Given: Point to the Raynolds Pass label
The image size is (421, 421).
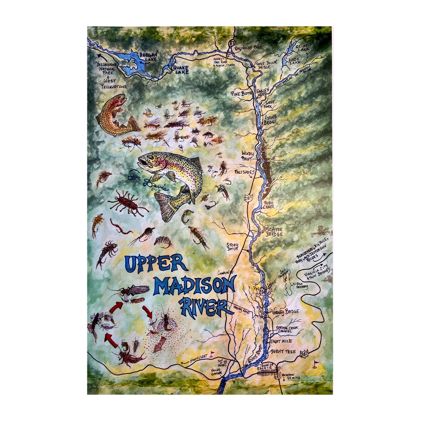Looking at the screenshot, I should pos(248,47).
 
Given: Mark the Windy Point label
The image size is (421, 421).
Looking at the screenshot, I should pos(248,156).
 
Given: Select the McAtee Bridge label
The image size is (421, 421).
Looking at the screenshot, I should pos(273,231).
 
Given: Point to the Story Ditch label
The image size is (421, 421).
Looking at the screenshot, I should pos(232,247).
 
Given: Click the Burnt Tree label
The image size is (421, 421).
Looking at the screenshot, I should pos(284,351).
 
